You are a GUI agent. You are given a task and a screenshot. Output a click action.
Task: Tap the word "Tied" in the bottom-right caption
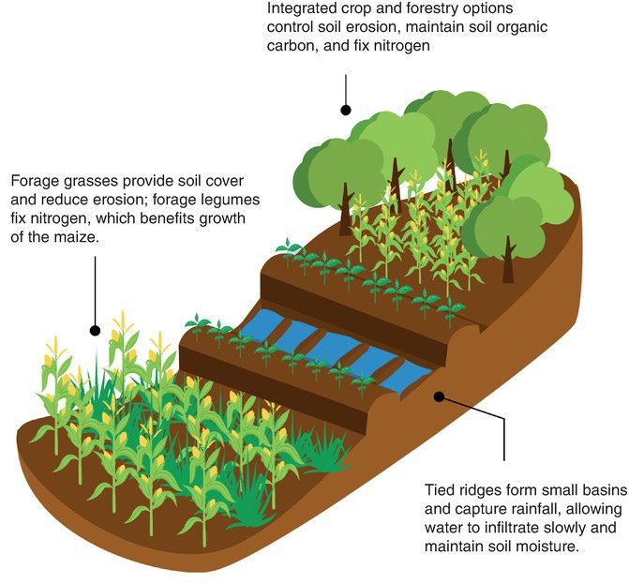[440, 488]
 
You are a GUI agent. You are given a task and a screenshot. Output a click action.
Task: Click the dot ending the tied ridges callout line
[438, 396]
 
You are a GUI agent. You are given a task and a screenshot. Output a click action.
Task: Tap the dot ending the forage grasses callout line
[95, 329]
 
